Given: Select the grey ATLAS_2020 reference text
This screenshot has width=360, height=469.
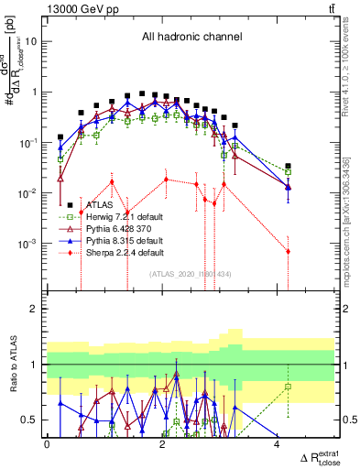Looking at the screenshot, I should (x=191, y=274).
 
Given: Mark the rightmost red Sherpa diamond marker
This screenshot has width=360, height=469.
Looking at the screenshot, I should (x=288, y=251).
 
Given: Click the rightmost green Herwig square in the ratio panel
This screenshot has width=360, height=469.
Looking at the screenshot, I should (x=288, y=387).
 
